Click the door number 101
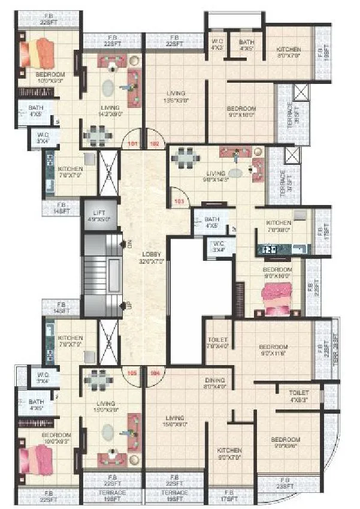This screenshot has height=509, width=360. (x=133, y=144)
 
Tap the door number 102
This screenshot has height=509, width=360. (x=154, y=144)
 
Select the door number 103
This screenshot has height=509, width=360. (x=178, y=202)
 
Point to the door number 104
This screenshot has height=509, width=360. (x=155, y=372)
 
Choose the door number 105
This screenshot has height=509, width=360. (x=133, y=372)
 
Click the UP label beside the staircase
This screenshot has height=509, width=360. (x=128, y=306)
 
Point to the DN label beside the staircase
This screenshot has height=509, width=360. (x=128, y=243)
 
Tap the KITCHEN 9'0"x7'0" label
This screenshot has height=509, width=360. (x=229, y=453)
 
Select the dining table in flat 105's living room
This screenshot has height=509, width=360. (x=96, y=380)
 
